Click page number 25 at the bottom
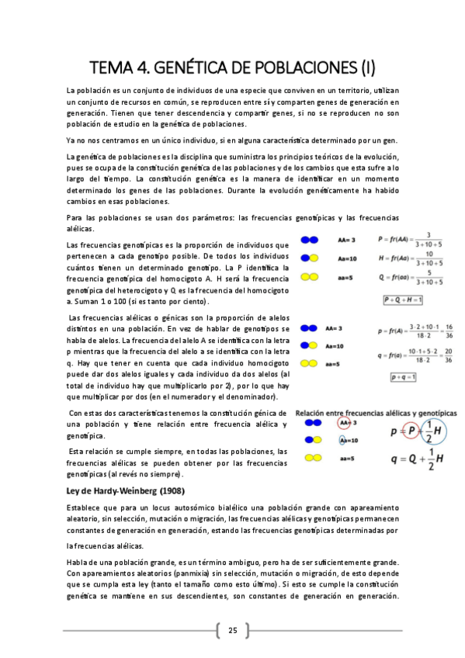232,629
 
